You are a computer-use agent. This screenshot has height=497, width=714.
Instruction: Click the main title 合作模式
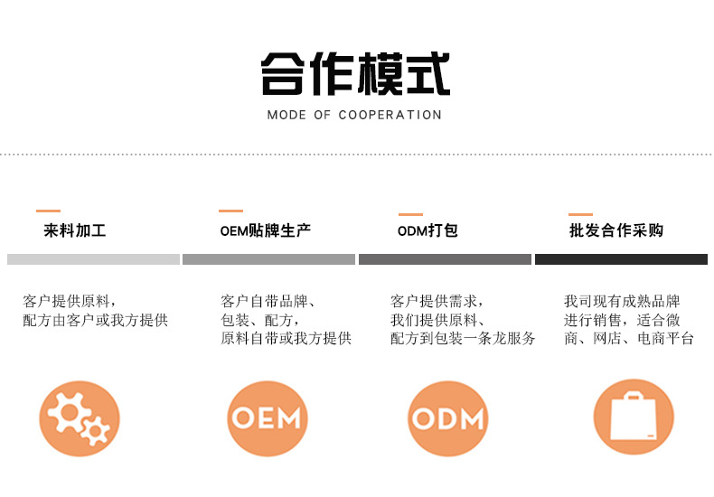click(355, 74)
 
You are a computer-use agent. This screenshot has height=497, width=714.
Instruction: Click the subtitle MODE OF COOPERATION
click(354, 115)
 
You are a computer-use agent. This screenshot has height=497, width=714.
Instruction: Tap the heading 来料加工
click(75, 230)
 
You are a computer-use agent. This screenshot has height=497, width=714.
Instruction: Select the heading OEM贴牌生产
click(266, 230)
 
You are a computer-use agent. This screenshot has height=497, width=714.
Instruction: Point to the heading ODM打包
click(427, 230)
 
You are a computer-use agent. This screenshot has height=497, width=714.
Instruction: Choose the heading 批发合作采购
click(616, 230)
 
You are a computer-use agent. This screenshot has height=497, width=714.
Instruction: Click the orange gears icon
click(80, 418)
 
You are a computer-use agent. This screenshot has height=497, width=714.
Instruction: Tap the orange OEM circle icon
click(267, 418)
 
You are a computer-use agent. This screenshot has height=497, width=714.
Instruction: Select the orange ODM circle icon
click(448, 418)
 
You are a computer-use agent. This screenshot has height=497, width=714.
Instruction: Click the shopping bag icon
click(634, 418)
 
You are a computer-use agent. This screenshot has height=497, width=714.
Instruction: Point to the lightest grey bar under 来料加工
click(93, 259)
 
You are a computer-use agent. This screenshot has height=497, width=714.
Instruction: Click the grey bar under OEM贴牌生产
click(268, 259)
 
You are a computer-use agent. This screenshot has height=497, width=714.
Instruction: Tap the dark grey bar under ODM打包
click(445, 259)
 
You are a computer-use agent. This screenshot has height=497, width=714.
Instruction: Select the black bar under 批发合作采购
click(621, 259)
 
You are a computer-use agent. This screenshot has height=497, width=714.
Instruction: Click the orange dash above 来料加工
click(49, 211)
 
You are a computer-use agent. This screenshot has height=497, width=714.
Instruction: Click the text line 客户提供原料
click(70, 301)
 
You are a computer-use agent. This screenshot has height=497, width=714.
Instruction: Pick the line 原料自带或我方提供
click(286, 339)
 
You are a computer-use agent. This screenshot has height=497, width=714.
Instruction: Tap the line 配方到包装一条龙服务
click(463, 339)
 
